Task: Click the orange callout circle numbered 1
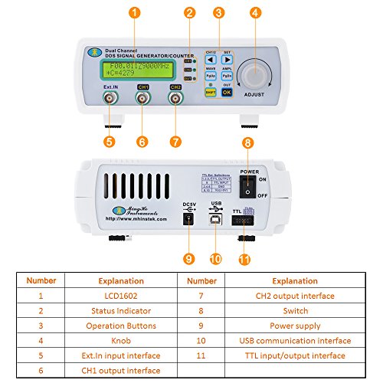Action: click(x=134, y=13)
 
